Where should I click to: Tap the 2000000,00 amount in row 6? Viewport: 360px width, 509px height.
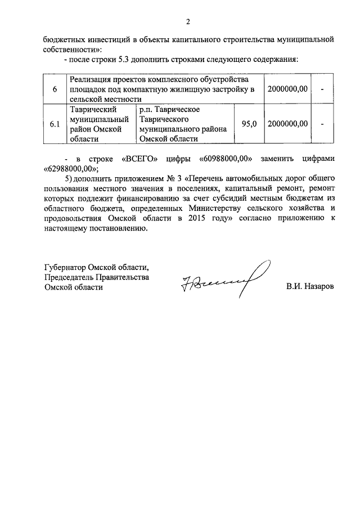point(288,89)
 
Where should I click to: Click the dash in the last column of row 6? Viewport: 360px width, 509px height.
point(322,89)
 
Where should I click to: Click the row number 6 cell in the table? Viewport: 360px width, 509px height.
point(55,89)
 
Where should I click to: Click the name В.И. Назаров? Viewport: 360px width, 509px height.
point(309,286)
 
